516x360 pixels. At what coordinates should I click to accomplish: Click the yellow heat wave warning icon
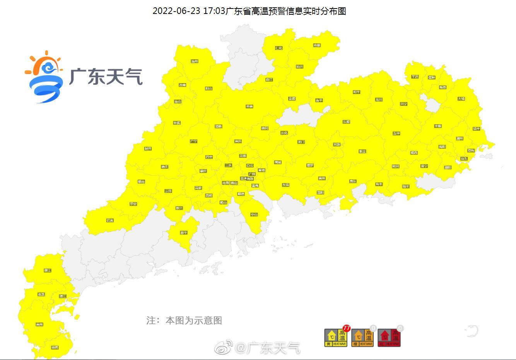pyautogui.click(x=335, y=338)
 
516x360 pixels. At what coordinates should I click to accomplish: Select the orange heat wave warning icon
pyautogui.click(x=362, y=338)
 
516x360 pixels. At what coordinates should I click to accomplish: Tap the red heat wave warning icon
pyautogui.click(x=389, y=338)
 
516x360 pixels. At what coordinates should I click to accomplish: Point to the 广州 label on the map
pyautogui.click(x=252, y=174)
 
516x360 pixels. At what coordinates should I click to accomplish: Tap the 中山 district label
pyautogui.click(x=254, y=214)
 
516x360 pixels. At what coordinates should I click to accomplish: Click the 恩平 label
pyautogui.click(x=184, y=233)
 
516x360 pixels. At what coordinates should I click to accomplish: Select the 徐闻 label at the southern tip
pyautogui.click(x=55, y=347)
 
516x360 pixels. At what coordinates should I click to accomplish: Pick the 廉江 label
pyautogui.click(x=48, y=270)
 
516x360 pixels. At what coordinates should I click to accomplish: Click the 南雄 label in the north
pyautogui.click(x=317, y=45)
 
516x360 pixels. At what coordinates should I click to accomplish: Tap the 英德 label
pyautogui.click(x=249, y=106)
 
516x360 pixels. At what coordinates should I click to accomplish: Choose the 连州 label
pyautogui.click(x=195, y=61)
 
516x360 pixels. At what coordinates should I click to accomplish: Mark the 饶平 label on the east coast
pyautogui.click(x=476, y=129)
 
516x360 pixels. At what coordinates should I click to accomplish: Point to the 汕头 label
pyautogui.click(x=464, y=159)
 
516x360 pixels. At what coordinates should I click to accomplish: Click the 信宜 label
pyautogui.click(x=110, y=220)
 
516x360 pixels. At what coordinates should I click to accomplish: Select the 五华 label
pyautogui.click(x=396, y=133)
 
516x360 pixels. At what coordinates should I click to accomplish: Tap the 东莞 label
pyautogui.click(x=285, y=185)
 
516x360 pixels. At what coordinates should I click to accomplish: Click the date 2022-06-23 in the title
pyautogui.click(x=176, y=11)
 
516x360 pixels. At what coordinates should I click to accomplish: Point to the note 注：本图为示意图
pyautogui.click(x=184, y=321)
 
